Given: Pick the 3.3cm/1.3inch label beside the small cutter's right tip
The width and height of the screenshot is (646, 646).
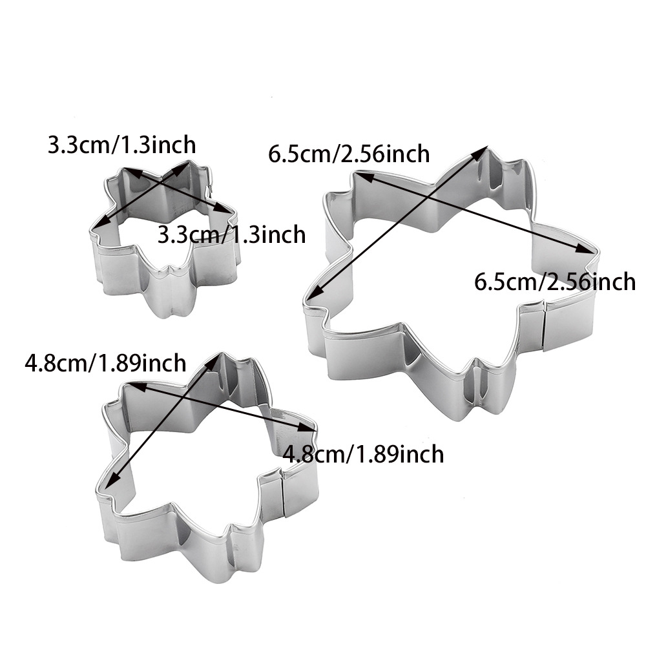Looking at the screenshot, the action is [231, 234].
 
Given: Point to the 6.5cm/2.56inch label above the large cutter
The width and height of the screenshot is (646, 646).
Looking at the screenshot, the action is [349, 154].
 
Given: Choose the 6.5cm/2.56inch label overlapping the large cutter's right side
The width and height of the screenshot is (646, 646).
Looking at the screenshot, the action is [554, 282].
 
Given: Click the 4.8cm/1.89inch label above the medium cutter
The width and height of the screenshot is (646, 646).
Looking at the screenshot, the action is [105, 363].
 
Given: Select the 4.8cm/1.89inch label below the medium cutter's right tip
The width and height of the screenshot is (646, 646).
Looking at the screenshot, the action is [363, 453].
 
